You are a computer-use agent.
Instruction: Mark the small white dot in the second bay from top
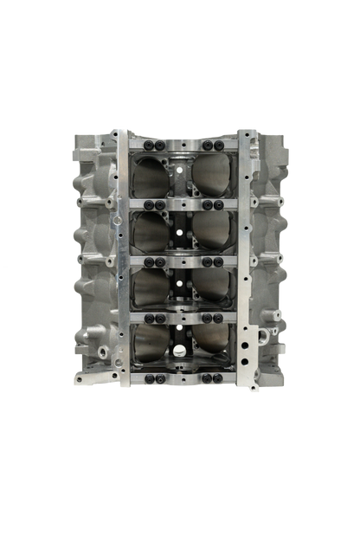(x=180, y=232)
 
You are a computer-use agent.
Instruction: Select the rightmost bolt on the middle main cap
(x=218, y=261)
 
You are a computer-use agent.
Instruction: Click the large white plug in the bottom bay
(x=179, y=351)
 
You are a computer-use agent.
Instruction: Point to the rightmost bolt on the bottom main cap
(x=218, y=374)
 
